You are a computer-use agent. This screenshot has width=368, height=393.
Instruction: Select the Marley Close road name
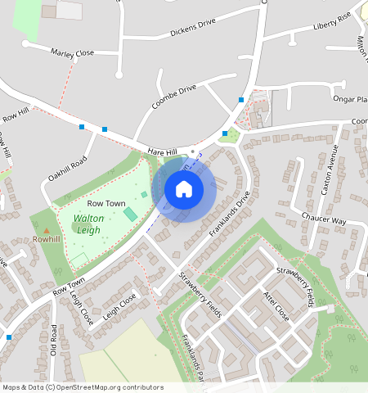coord(73,52)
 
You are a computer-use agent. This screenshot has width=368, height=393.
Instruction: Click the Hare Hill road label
coord(162,152)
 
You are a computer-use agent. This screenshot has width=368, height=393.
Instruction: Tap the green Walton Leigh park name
coord(87,224)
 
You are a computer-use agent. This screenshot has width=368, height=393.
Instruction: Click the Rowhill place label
coord(47,240)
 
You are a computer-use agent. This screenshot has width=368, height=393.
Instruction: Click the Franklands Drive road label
coord(227,215)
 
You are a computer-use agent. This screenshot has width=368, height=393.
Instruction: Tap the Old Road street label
coord(54,340)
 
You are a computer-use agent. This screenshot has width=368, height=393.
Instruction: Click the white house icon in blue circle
coord(184,190)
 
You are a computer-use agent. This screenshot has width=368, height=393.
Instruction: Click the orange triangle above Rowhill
coord(46,230)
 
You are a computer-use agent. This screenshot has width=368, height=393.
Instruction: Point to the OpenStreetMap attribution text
coord(82,387)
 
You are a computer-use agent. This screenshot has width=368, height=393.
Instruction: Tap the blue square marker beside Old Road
coord(9,337)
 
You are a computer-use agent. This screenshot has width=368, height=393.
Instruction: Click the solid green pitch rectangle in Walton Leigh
coord(130,214)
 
